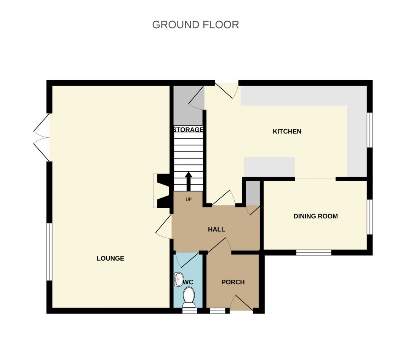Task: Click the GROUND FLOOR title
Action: coord(195,25)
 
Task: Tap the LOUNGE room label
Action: coord(110,258)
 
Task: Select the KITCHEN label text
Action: coord(287,132)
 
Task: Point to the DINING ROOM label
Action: coord(315,216)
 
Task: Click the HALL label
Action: coord(216,229)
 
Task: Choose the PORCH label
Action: coord(233,282)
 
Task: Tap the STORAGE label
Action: coord(188,130)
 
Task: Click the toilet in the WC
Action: coord(189,297)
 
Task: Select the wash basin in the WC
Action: coord(178,279)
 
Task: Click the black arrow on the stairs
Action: coord(188,181)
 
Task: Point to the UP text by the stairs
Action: coord(188,199)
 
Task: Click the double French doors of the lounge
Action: coord(42,137)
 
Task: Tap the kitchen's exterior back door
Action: coord(227,90)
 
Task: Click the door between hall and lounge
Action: coord(165,227)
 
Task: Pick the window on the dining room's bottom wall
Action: coord(314,252)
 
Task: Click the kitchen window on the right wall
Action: coord(369,130)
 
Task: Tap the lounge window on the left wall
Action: coord(49,252)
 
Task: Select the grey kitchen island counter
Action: coord(269,167)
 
